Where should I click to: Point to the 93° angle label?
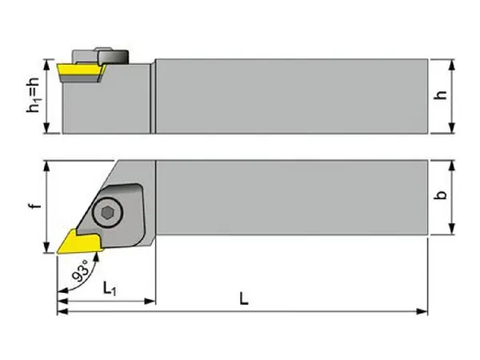[80, 272]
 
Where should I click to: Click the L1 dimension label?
[112, 289]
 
